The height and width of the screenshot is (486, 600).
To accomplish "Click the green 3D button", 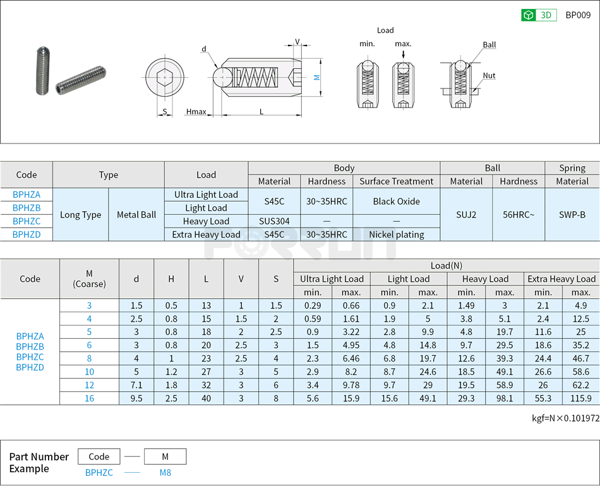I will coord(538,15).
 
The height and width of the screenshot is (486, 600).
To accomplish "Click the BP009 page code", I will coord(577,15).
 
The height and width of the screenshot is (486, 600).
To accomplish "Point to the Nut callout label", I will coord(489,76).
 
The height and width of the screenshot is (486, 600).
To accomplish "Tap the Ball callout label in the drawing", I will coord(489,45).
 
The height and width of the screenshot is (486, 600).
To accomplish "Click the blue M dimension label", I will coord(317,78).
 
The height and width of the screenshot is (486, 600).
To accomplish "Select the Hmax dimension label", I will coord(196,112).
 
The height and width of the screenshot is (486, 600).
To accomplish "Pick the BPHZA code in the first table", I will coord(27,195).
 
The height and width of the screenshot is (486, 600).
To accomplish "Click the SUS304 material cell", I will coord(274,221).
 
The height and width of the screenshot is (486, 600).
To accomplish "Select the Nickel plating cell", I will coord(396,234).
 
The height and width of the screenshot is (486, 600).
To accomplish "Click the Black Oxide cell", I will coord(396,202).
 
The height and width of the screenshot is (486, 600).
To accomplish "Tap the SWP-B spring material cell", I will coord(572,214).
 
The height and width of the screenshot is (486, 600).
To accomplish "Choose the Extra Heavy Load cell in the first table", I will coord(206,234).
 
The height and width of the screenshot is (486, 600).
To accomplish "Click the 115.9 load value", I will coord(580,398).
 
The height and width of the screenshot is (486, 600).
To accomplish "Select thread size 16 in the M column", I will coord(89,398).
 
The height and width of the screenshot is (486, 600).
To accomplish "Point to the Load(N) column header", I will coord(446,265).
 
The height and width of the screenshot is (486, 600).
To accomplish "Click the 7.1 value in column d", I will coord(136,385).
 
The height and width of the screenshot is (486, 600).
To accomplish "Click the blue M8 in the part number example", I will coord(165,472).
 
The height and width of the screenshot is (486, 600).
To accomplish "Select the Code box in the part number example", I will coord(99,456).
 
